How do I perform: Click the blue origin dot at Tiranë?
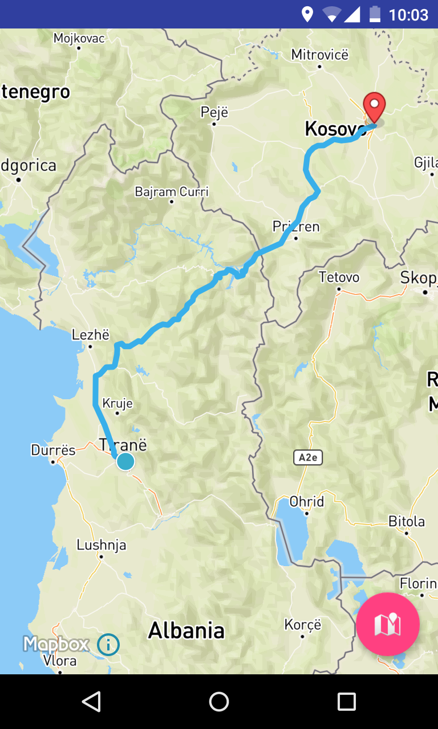[125, 461]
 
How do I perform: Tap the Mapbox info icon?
[108, 645]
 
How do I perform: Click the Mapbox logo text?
[56, 644]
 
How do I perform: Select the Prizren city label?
[296, 227]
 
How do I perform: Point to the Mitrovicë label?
[319, 55]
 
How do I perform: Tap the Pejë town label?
[214, 112]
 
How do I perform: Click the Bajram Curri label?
[172, 191]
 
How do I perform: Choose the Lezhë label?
[91, 335]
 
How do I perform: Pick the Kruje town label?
[117, 403]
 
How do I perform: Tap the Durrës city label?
[53, 450]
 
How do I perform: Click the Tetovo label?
[339, 277]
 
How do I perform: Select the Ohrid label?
[307, 502]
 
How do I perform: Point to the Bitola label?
[407, 521]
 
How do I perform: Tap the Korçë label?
[303, 625]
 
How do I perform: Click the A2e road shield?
[308, 457]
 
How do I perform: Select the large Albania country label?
[186, 630]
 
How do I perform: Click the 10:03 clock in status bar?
[408, 14]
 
